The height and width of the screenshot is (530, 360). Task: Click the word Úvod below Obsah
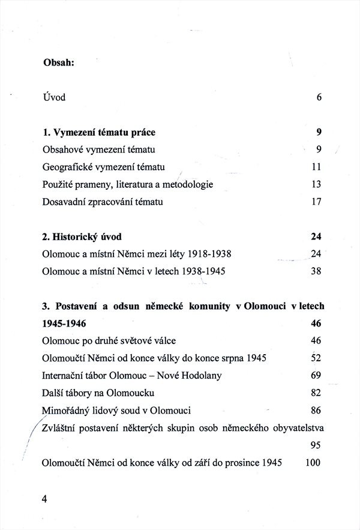[x=54, y=97]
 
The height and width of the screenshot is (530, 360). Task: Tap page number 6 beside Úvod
[x=319, y=97]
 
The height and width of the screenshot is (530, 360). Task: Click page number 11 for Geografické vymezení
[x=317, y=167]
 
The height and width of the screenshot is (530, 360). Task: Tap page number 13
[x=317, y=184]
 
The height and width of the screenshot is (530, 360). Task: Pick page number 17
[x=317, y=202]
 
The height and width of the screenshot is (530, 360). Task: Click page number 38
[x=317, y=271]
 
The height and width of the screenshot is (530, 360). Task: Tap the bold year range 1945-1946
[x=64, y=324]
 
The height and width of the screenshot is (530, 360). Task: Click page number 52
[x=317, y=358]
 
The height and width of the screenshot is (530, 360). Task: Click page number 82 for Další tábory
[x=317, y=393]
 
